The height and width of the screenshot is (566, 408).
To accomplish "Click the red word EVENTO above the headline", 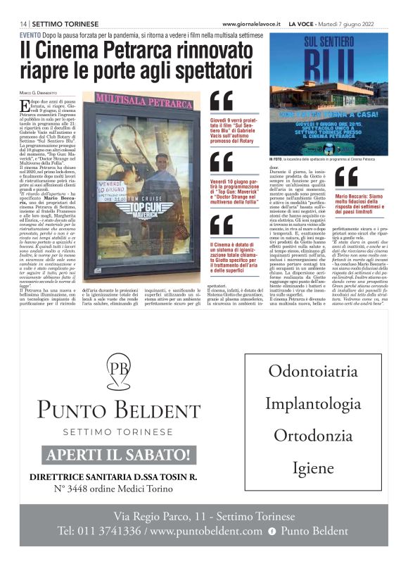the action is [30, 34].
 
